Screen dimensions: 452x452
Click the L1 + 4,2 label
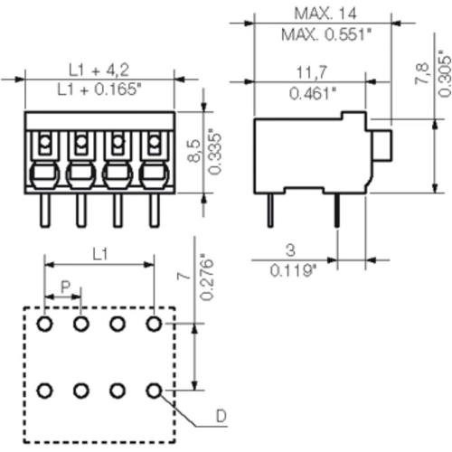coord(99,69)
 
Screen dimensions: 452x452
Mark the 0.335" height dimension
coord(214,155)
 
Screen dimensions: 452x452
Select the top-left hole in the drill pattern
coord(44,323)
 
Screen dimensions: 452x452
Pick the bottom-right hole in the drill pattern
coord(154,391)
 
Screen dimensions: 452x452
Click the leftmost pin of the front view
coord(42,212)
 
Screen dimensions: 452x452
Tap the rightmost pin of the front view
coord(154,212)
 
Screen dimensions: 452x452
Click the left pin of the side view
coord(270,212)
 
